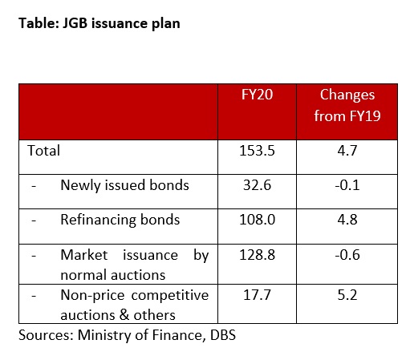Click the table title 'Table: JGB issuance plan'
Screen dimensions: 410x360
coord(99,23)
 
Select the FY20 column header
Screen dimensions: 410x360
coord(257,95)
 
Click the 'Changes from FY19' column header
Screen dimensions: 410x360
coord(347,105)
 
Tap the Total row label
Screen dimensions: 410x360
coord(44,151)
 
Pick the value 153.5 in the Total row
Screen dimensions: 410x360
coord(257,151)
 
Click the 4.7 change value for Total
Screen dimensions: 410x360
coord(347,151)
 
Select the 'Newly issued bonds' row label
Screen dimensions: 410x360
coord(125,185)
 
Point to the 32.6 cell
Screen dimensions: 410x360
coord(257,185)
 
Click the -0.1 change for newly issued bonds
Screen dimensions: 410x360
coord(347,185)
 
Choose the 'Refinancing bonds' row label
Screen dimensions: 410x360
coord(120,220)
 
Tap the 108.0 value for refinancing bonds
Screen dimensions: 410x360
coord(257,220)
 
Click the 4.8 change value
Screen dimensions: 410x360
coord(347,220)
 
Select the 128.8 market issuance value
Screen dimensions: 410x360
coord(257,255)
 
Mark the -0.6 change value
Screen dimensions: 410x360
coord(347,255)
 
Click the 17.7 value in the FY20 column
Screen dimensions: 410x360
coord(257,295)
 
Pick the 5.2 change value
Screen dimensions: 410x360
coord(347,295)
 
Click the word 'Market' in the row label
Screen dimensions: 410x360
coord(84,255)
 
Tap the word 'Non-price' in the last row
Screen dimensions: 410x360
coord(92,296)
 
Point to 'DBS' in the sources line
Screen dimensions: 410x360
coord(223,335)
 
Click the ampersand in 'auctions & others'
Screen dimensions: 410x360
coord(124,314)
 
